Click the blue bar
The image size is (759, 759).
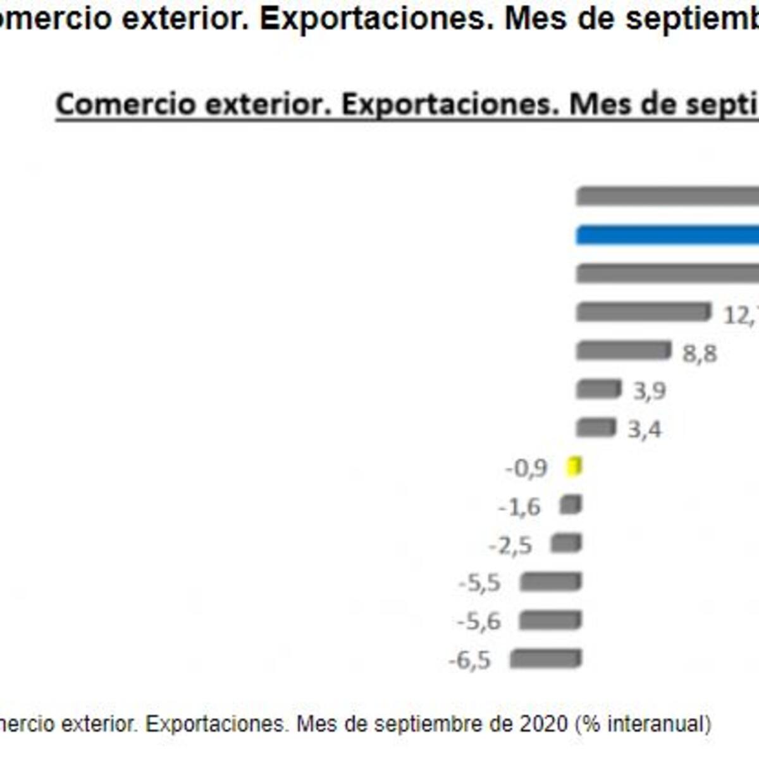tap(667, 235)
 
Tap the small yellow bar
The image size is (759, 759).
tap(574, 467)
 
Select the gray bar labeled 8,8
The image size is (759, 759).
tap(624, 350)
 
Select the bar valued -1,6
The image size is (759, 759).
tap(571, 505)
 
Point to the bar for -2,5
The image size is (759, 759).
tap(566, 543)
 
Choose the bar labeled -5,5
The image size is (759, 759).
tap(550, 581)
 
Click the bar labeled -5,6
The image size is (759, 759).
tap(550, 620)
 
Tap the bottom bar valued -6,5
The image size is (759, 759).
tap(545, 658)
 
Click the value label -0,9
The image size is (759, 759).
tap(526, 469)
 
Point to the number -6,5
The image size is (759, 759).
tap(469, 660)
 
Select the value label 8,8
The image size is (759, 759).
tap(700, 354)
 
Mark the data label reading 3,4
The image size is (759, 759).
tap(645, 430)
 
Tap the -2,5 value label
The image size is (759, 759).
tap(510, 545)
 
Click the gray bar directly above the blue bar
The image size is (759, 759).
tap(667, 197)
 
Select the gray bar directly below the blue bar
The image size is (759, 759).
tap(667, 273)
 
